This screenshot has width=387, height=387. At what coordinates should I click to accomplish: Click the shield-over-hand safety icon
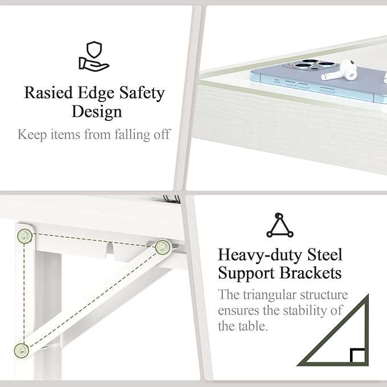[x=93, y=56]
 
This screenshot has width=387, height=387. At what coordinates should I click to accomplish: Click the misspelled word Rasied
[x=48, y=93]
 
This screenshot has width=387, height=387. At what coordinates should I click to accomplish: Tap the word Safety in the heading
[x=142, y=93]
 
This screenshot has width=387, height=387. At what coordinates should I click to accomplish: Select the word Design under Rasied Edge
[x=97, y=112]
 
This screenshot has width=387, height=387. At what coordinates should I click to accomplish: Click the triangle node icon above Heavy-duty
[x=280, y=225]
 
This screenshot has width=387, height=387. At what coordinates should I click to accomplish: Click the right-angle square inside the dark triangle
[x=357, y=356]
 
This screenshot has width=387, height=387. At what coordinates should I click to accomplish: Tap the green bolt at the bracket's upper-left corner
[x=25, y=236]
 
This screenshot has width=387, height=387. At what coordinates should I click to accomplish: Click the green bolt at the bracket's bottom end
[x=22, y=350]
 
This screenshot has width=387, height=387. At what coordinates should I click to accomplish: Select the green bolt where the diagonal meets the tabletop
[x=163, y=247]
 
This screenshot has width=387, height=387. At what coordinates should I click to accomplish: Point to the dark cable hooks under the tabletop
[x=172, y=199]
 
